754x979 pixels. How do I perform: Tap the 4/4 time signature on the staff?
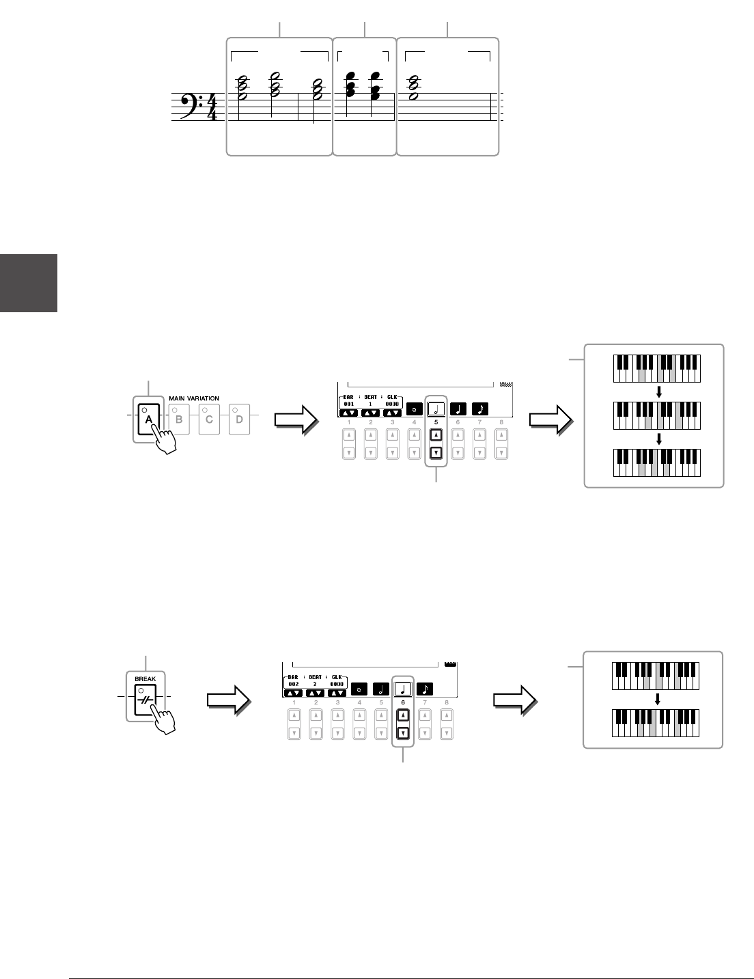coord(212,107)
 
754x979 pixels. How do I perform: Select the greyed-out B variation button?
coord(179,419)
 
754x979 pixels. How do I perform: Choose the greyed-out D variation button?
coord(239,419)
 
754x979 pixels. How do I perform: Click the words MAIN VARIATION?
coord(194,398)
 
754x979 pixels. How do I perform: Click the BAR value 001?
coord(348,404)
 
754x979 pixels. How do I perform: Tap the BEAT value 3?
coord(316,683)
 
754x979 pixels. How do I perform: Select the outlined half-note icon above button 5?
coord(436,409)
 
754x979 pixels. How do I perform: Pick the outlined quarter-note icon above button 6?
coord(403,688)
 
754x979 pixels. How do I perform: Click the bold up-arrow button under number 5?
coord(436,435)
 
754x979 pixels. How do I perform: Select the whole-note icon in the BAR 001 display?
coord(413,409)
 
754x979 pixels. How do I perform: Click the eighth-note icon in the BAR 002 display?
coord(425,688)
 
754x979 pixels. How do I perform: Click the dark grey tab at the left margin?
coord(28,283)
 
